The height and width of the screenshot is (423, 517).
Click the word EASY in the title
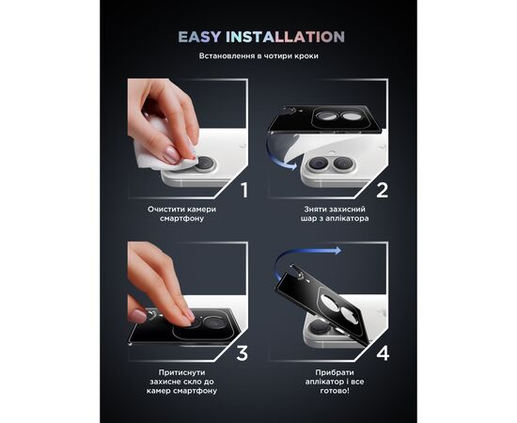[199, 38]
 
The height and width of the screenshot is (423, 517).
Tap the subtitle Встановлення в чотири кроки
[258, 57]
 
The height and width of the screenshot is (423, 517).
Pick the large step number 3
[243, 354]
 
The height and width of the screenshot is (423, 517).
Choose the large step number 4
[382, 354]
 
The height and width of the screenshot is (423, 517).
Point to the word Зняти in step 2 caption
[315, 210]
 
